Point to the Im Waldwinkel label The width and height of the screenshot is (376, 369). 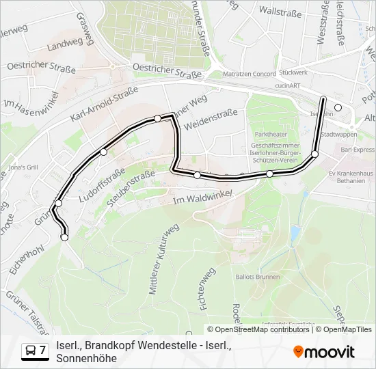[x=204, y=198]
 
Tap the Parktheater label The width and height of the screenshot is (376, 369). [x=267, y=135]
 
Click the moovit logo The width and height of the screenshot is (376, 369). [x=323, y=351]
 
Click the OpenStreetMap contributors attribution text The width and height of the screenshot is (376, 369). [x=258, y=329]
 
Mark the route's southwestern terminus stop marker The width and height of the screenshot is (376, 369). [x=65, y=237]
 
